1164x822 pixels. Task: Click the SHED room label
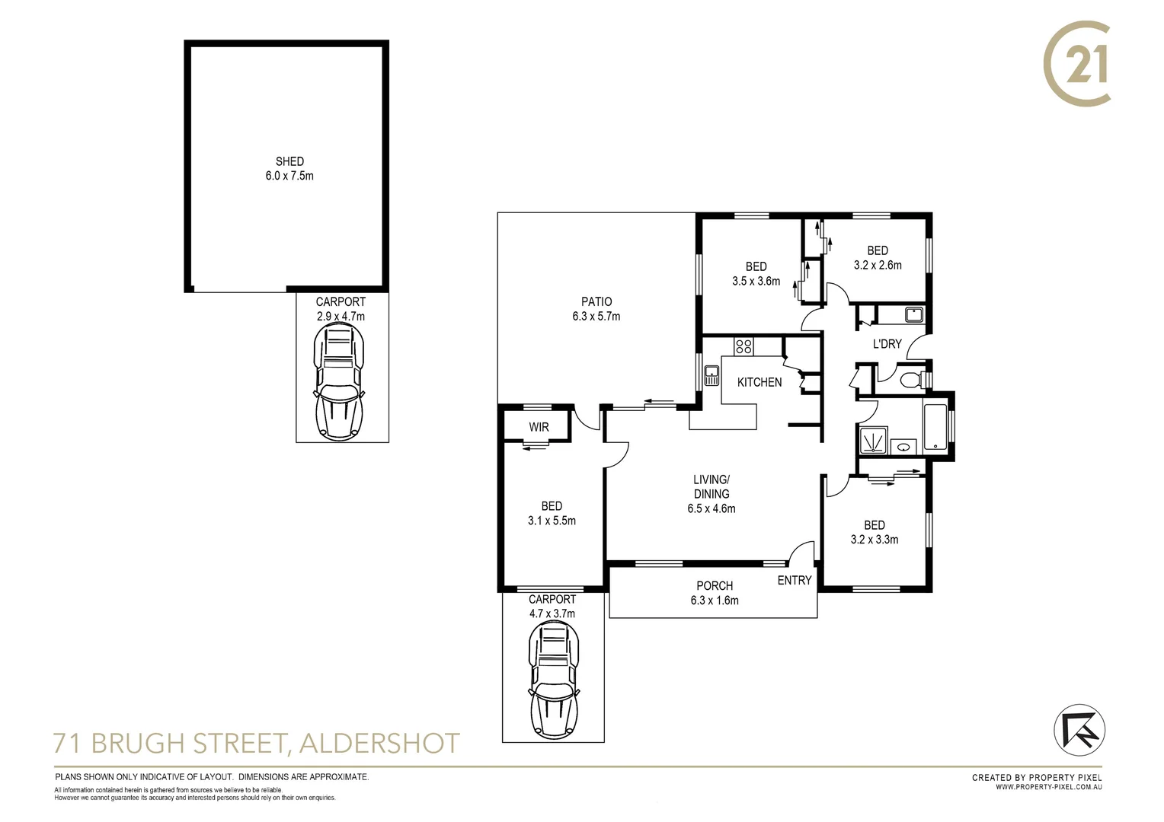coord(289,161)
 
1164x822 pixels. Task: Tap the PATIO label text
coord(596,301)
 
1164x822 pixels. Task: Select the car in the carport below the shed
coord(339,381)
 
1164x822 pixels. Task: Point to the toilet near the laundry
coord(910,379)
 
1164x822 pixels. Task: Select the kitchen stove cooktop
coord(743,347)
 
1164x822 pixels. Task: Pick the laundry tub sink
coord(913,314)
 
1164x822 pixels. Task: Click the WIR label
coord(539,427)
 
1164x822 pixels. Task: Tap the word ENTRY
coord(795,580)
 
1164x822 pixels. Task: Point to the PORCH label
coord(715,585)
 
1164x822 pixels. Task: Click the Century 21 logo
coord(1077,65)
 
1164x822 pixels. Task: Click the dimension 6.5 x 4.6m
coord(712,508)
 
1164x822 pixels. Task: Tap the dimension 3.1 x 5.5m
coord(552,521)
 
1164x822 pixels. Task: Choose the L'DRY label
coord(887,344)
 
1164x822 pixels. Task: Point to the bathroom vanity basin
coord(904,447)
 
